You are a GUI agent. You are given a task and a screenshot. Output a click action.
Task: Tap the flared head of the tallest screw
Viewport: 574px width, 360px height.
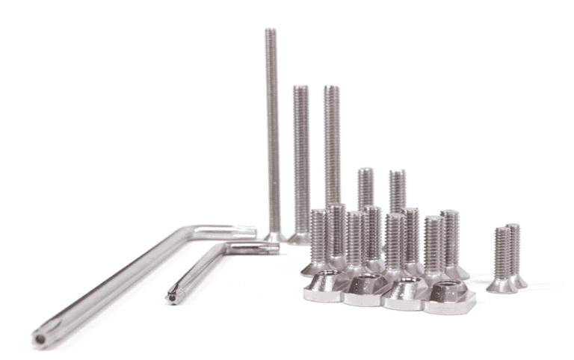pos(274,236)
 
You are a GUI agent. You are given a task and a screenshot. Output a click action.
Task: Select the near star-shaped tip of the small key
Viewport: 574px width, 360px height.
pos(173,298)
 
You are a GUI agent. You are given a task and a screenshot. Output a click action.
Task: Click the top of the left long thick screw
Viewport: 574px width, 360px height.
pos(300,90)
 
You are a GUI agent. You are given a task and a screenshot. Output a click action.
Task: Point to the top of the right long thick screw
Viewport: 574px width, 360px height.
pos(332,90)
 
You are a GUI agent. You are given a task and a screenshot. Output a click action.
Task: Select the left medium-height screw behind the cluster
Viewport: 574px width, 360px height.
pos(365,187)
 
